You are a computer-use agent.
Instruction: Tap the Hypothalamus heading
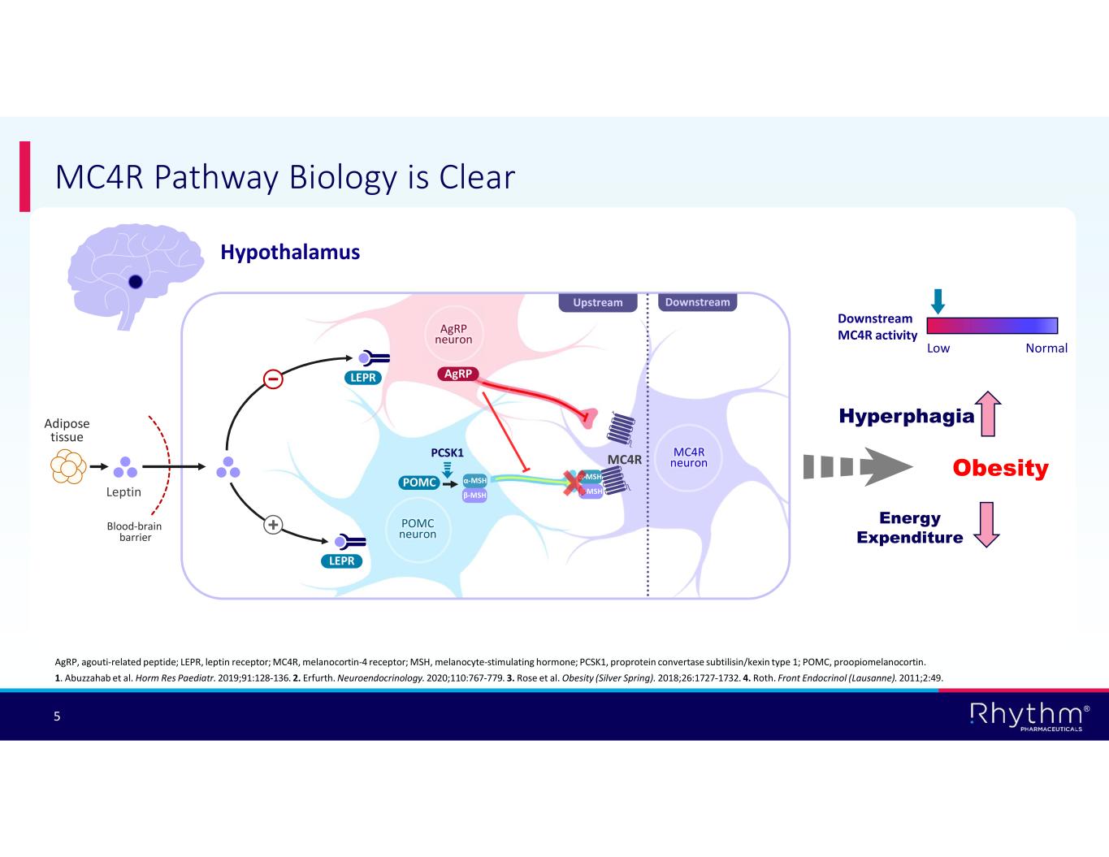pyautogui.click(x=290, y=253)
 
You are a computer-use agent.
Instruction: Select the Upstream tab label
pyautogui.click(x=597, y=302)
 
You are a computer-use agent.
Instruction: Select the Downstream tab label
pyautogui.click(x=697, y=302)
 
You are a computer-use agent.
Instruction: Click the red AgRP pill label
pyautogui.click(x=458, y=374)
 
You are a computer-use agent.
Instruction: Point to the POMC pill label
pyautogui.click(x=419, y=483)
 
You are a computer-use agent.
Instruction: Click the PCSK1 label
pyautogui.click(x=447, y=452)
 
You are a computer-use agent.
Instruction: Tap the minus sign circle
pyautogui.click(x=274, y=379)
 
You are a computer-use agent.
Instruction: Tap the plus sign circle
pyautogui.click(x=273, y=525)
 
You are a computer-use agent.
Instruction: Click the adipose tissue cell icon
pyautogui.click(x=67, y=467)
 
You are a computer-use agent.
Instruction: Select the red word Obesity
pyautogui.click(x=1000, y=468)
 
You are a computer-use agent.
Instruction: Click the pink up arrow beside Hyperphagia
pyautogui.click(x=988, y=413)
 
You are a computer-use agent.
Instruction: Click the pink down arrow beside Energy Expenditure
pyautogui.click(x=986, y=524)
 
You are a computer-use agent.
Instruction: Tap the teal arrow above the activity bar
pyautogui.click(x=938, y=301)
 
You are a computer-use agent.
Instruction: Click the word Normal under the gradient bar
pyautogui.click(x=1046, y=348)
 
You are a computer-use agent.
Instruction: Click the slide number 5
pyautogui.click(x=57, y=716)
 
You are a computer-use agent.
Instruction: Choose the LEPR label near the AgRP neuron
pyautogui.click(x=363, y=378)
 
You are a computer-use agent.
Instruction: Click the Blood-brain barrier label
pyautogui.click(x=135, y=531)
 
